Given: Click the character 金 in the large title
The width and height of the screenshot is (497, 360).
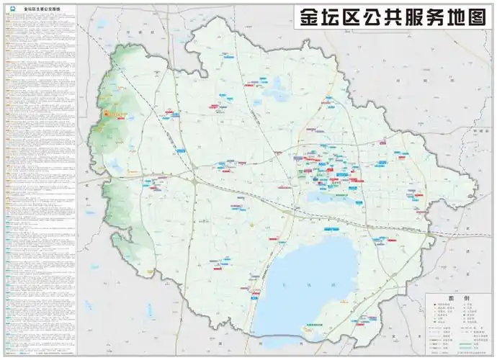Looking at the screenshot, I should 308,17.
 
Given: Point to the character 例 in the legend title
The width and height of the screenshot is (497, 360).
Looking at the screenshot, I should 466,297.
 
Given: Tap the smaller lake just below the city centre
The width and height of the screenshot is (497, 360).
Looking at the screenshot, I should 328,197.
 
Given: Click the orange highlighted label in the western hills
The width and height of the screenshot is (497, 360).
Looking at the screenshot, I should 115,114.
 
